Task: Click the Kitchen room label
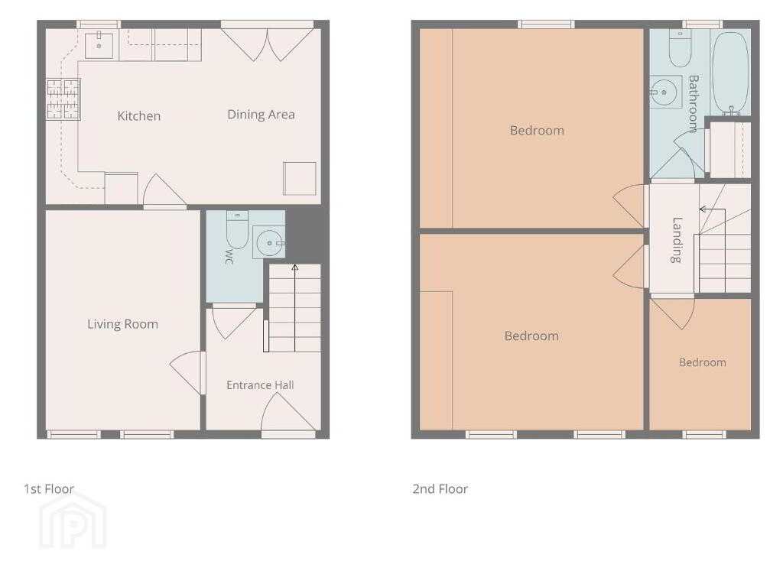point(139,116)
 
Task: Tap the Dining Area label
point(261,115)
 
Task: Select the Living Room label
point(122,324)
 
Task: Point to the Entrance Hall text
point(260,385)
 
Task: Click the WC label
point(229,257)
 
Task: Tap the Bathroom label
point(693,104)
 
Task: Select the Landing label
point(676,239)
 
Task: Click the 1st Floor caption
point(49,488)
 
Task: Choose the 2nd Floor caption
point(440,488)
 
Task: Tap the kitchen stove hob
point(63,100)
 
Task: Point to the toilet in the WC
point(237,229)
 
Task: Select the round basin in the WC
point(269,242)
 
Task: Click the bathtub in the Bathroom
point(730,73)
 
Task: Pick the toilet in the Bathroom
point(680,48)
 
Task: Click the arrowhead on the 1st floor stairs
point(294,268)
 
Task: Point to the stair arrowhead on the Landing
point(702,209)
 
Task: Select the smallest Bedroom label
point(702,362)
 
